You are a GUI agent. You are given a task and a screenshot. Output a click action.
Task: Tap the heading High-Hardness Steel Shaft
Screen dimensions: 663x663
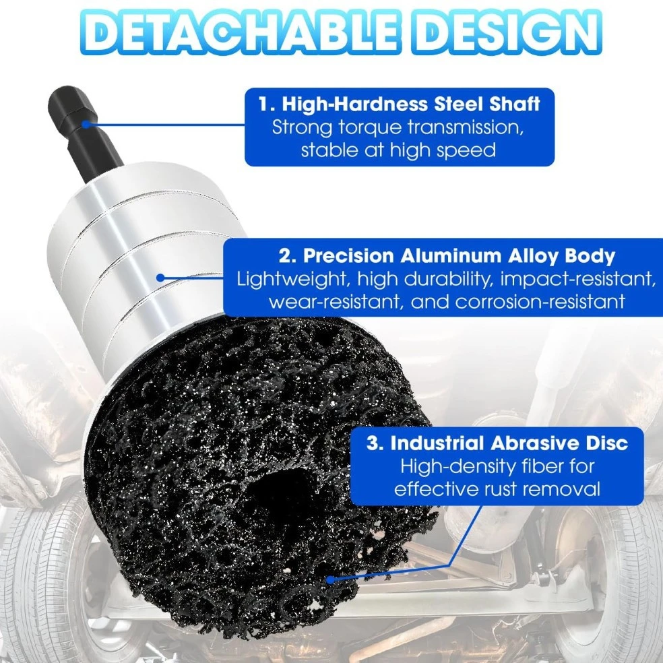coord(410,104)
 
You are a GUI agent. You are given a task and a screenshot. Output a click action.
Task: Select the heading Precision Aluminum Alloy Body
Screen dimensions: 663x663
coord(459,255)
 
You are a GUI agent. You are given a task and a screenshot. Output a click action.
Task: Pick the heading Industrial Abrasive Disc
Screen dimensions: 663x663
coord(509,443)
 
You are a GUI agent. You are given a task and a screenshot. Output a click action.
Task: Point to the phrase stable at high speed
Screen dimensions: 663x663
coord(398,150)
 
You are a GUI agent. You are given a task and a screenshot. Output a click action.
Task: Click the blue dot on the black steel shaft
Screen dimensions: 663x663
coord(86,124)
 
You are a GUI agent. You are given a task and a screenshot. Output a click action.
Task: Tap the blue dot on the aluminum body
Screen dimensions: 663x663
coord(160,278)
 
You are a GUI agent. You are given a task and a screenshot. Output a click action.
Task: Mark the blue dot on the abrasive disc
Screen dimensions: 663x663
coord(331,579)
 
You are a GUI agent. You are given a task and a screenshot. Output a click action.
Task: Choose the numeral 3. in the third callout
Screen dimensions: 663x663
coord(375,443)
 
